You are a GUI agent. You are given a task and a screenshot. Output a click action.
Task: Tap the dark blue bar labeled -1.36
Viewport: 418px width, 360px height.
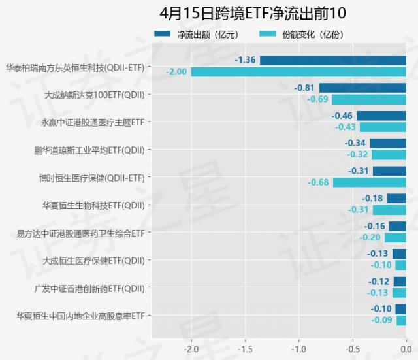[x=332, y=60]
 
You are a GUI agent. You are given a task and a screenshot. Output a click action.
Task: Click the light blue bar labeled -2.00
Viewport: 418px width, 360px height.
[x=298, y=72]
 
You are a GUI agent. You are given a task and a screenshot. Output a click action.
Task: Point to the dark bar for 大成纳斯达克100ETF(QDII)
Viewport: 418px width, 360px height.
[x=362, y=88]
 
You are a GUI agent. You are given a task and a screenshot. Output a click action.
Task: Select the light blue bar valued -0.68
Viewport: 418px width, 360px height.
[x=369, y=182]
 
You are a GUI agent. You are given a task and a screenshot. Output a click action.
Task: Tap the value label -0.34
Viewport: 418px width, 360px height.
[x=355, y=143]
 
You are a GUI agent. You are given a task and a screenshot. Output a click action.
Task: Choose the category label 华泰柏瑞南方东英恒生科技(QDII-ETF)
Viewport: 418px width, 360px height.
[x=74, y=67]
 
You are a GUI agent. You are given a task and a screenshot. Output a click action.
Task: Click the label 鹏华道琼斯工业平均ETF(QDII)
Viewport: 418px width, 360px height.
[x=89, y=150]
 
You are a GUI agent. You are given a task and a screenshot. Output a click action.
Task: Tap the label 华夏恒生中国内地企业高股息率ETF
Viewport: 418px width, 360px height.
[x=80, y=316]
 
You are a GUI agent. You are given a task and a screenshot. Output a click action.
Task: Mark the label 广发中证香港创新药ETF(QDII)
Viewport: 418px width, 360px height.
[x=89, y=287]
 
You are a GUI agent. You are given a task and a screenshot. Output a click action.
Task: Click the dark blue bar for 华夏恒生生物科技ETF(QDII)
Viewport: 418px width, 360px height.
[x=396, y=199]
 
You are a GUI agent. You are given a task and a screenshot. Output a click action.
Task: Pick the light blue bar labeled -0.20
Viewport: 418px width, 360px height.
[x=394, y=238]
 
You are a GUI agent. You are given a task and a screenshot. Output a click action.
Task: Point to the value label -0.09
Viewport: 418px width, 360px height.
[x=382, y=320]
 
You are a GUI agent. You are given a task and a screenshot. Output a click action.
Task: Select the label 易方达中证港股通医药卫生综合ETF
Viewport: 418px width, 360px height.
[x=80, y=233]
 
